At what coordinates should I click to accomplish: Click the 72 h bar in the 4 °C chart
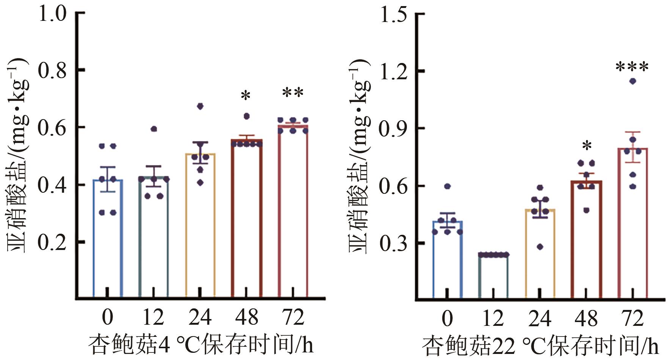[x=293, y=212]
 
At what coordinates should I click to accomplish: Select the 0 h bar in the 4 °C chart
[x=108, y=239]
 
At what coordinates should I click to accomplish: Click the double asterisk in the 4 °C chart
[x=293, y=93]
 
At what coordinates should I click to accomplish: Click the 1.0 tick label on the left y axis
[x=52, y=14]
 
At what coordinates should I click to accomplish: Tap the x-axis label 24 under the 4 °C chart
[x=200, y=317]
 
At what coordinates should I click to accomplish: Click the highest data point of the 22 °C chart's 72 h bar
[x=633, y=81]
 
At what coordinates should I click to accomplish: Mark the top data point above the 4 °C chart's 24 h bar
[x=200, y=106]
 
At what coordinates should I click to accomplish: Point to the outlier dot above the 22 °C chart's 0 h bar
[x=447, y=186]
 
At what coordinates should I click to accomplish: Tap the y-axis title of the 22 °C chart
[x=358, y=156]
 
